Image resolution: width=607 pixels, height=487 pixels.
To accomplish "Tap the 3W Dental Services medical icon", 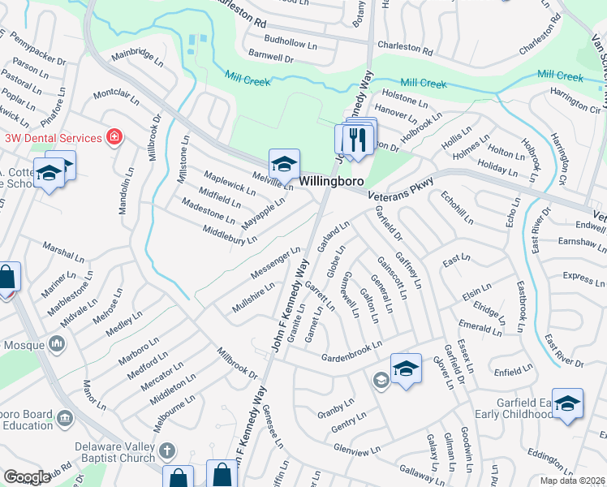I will (x=115, y=136).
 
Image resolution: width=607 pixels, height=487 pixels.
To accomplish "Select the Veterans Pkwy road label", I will (x=401, y=189).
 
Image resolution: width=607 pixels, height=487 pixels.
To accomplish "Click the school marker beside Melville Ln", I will (x=284, y=166).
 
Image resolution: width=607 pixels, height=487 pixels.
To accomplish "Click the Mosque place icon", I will (x=57, y=345).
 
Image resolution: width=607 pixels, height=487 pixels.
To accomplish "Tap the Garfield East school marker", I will (x=568, y=403).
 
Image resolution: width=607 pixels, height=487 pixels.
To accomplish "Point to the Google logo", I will (x=27, y=477).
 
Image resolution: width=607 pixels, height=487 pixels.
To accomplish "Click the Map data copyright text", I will (x=571, y=481).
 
